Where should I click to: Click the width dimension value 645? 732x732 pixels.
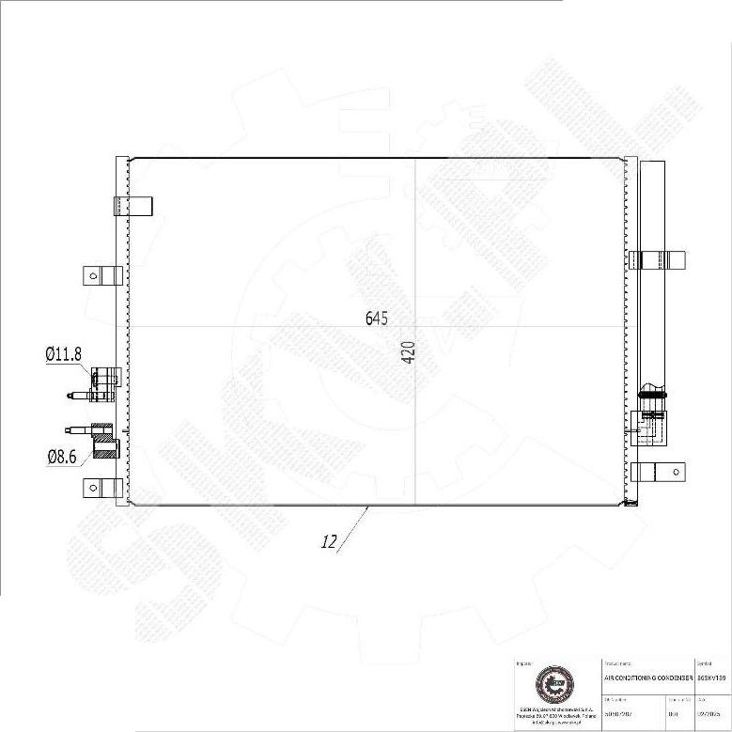[x=377, y=319]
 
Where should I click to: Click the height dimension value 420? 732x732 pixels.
[x=409, y=352]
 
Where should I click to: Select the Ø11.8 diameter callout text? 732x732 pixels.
[x=64, y=354]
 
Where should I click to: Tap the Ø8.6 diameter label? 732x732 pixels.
[x=64, y=457]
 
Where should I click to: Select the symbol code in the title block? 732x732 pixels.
[x=710, y=677]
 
